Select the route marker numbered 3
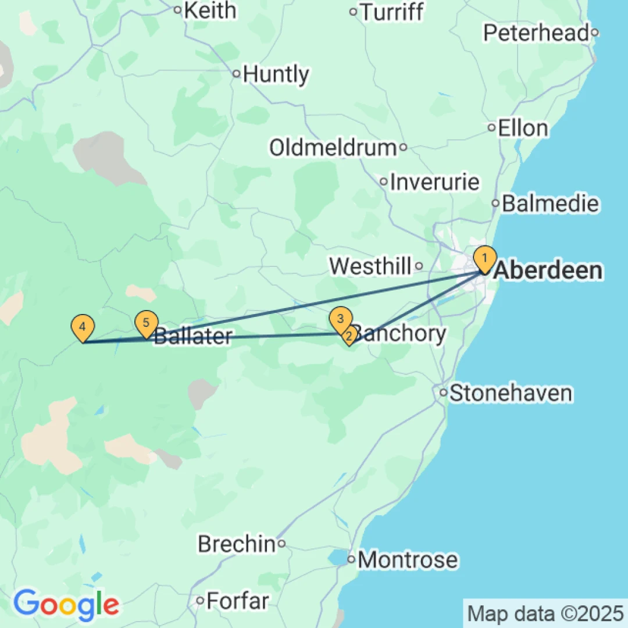pos(340,318)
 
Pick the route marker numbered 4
pos(83,326)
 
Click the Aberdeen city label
pos(548,271)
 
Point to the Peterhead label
pos(536,33)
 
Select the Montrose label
pos(408,561)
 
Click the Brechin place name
pos(236,544)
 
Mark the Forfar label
pos(238,600)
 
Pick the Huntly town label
pos(276,74)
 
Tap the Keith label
pos(210,10)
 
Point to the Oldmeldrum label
pos(333,148)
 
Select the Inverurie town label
pos(435,182)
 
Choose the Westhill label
pos(370,266)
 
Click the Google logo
pos(66,605)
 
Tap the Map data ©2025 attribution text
pos(545,613)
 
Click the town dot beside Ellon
pos(491,128)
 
